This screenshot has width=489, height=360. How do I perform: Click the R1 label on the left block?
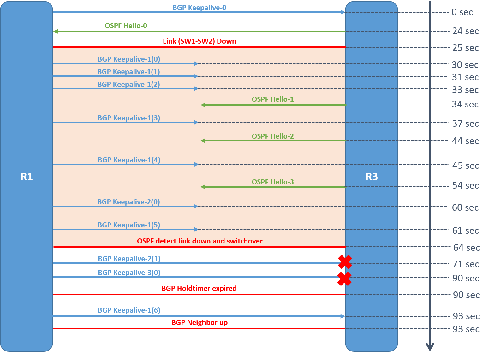point(27,177)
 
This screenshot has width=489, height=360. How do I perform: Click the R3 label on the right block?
point(371,177)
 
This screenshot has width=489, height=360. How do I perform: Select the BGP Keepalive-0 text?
point(199,8)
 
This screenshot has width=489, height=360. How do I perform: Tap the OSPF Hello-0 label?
point(126,26)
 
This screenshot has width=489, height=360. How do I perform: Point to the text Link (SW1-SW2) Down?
point(199,41)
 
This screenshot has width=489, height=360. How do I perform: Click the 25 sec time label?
point(465,48)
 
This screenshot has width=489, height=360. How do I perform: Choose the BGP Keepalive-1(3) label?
point(129,118)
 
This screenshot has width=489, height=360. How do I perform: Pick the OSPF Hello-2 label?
point(273,136)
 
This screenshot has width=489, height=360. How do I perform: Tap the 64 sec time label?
point(466,248)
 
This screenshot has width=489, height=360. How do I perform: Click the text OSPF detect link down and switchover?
point(200,241)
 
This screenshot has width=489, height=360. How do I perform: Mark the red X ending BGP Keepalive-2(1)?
point(345,262)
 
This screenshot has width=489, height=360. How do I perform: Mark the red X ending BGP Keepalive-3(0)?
point(344,279)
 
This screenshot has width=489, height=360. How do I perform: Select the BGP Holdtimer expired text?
point(199,288)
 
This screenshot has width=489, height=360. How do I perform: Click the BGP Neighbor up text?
point(200,322)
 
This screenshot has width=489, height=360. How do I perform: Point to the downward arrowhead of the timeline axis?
point(430,347)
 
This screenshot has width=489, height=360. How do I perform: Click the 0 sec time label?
point(462,12)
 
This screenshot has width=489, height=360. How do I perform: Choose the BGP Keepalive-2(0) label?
point(128,202)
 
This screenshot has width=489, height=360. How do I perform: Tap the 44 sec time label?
point(465,141)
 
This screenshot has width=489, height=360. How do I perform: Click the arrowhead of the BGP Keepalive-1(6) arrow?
point(343,316)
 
